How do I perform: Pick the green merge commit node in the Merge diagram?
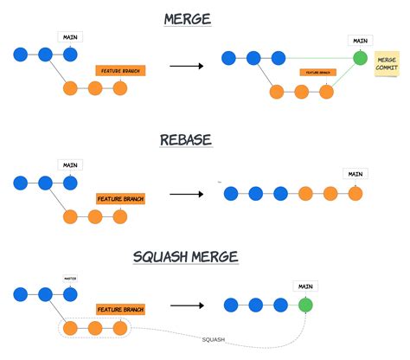360,59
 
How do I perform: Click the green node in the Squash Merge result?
304,305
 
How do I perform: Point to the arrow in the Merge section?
187,66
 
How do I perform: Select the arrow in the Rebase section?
187,193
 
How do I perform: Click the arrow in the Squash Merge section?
187,305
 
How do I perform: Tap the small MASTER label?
71,279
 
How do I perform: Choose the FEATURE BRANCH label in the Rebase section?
120,198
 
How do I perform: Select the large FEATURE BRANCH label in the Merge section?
120,69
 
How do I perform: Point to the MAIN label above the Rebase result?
356,174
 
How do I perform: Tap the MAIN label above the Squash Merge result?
304,286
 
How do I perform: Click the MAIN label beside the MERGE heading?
71,37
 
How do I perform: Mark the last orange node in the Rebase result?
355,193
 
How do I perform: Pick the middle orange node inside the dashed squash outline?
95,329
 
